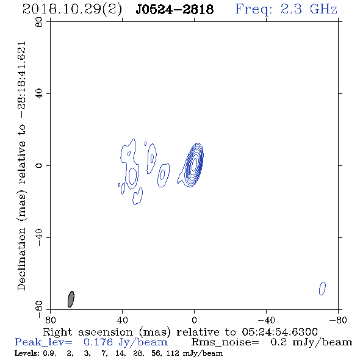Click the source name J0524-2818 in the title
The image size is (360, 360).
pyautogui.click(x=175, y=10)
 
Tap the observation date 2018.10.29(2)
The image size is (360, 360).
pyautogui.click(x=72, y=10)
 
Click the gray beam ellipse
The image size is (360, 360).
pyautogui.click(x=71, y=299)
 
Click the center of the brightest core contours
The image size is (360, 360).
pyautogui.click(x=194, y=164)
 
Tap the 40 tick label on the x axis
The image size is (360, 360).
pyautogui.click(x=122, y=320)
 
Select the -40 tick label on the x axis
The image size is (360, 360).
pyautogui.click(x=266, y=320)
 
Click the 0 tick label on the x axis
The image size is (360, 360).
pyautogui.click(x=194, y=320)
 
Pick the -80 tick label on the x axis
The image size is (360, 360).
pyautogui.click(x=338, y=320)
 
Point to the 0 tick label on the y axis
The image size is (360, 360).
pyautogui.click(x=39, y=165)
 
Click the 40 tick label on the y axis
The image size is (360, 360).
pyautogui.click(x=39, y=94)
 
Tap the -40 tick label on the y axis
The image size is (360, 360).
pyautogui.click(x=39, y=237)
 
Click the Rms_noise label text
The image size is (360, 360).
pyautogui.click(x=225, y=342)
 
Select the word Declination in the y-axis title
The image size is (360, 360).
pyautogui.click(x=21, y=258)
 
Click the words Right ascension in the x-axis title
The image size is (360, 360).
pyautogui.click(x=88, y=332)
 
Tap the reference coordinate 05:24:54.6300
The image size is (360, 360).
pyautogui.click(x=279, y=332)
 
